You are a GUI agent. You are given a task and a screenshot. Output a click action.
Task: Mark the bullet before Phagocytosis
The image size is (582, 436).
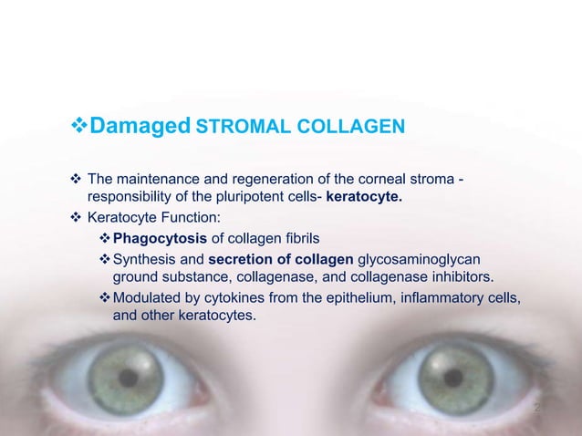click(104, 239)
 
